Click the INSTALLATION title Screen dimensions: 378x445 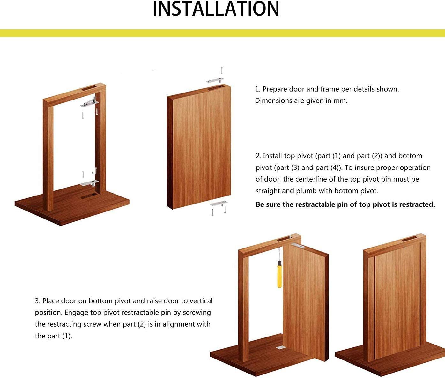tap(216, 9)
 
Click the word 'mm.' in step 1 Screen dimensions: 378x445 tap(341, 101)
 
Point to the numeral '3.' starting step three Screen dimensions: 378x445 tap(38, 301)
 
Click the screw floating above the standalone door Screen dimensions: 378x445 tap(222, 70)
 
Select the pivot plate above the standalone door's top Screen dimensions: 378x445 tap(214, 80)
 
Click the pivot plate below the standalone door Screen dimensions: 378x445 tap(219, 203)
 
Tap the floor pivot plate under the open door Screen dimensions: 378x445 tap(280, 347)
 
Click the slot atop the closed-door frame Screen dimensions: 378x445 tap(409, 239)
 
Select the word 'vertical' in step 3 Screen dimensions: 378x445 tap(201, 301)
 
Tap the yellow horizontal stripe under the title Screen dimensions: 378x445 tap(222, 33)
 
